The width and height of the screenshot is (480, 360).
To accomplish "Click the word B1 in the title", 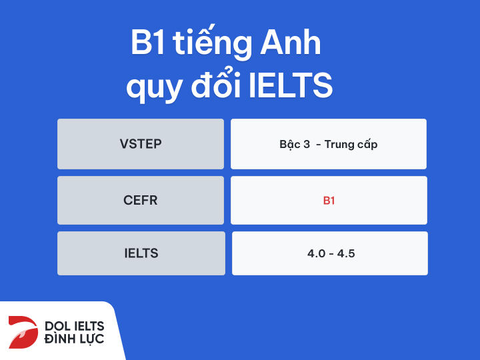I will (147, 45).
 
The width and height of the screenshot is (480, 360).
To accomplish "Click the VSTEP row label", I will (141, 144).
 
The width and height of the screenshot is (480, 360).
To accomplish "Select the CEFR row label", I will (141, 200).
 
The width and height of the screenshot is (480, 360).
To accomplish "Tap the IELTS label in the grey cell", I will (141, 253).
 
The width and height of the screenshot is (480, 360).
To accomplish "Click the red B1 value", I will (329, 200).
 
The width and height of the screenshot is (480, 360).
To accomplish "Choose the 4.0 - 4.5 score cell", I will (329, 253).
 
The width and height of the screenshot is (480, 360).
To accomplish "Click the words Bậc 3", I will (295, 144).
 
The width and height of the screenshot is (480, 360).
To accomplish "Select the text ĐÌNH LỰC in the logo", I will (74, 341).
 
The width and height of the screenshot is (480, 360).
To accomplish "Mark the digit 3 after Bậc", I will (307, 144).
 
